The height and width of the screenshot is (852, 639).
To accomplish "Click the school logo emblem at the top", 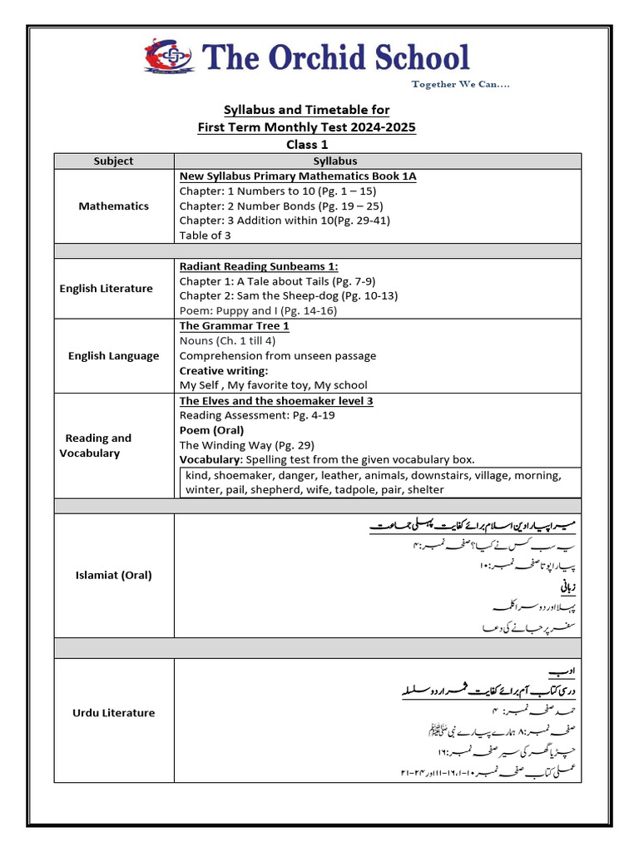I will (169, 56).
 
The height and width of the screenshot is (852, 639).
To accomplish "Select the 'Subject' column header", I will (114, 161).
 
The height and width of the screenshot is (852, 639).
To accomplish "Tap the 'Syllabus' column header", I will (335, 161).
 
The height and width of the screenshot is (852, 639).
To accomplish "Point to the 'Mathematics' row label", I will (114, 206).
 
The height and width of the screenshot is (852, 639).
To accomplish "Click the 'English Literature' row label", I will (106, 289).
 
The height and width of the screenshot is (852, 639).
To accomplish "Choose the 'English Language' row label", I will (113, 356).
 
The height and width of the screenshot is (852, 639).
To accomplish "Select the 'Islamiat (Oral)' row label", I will (114, 575).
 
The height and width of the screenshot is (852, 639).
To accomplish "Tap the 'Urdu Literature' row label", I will (114, 713).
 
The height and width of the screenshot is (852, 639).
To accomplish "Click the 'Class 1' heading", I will (306, 144).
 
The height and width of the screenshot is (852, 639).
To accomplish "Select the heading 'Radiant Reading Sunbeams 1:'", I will (259, 266).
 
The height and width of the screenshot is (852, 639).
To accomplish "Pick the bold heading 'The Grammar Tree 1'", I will (234, 326).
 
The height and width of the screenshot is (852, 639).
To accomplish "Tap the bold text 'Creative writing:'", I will (224, 370).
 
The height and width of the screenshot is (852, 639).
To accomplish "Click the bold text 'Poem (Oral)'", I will (211, 430).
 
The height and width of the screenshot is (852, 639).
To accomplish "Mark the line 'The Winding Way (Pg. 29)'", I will (246, 445).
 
